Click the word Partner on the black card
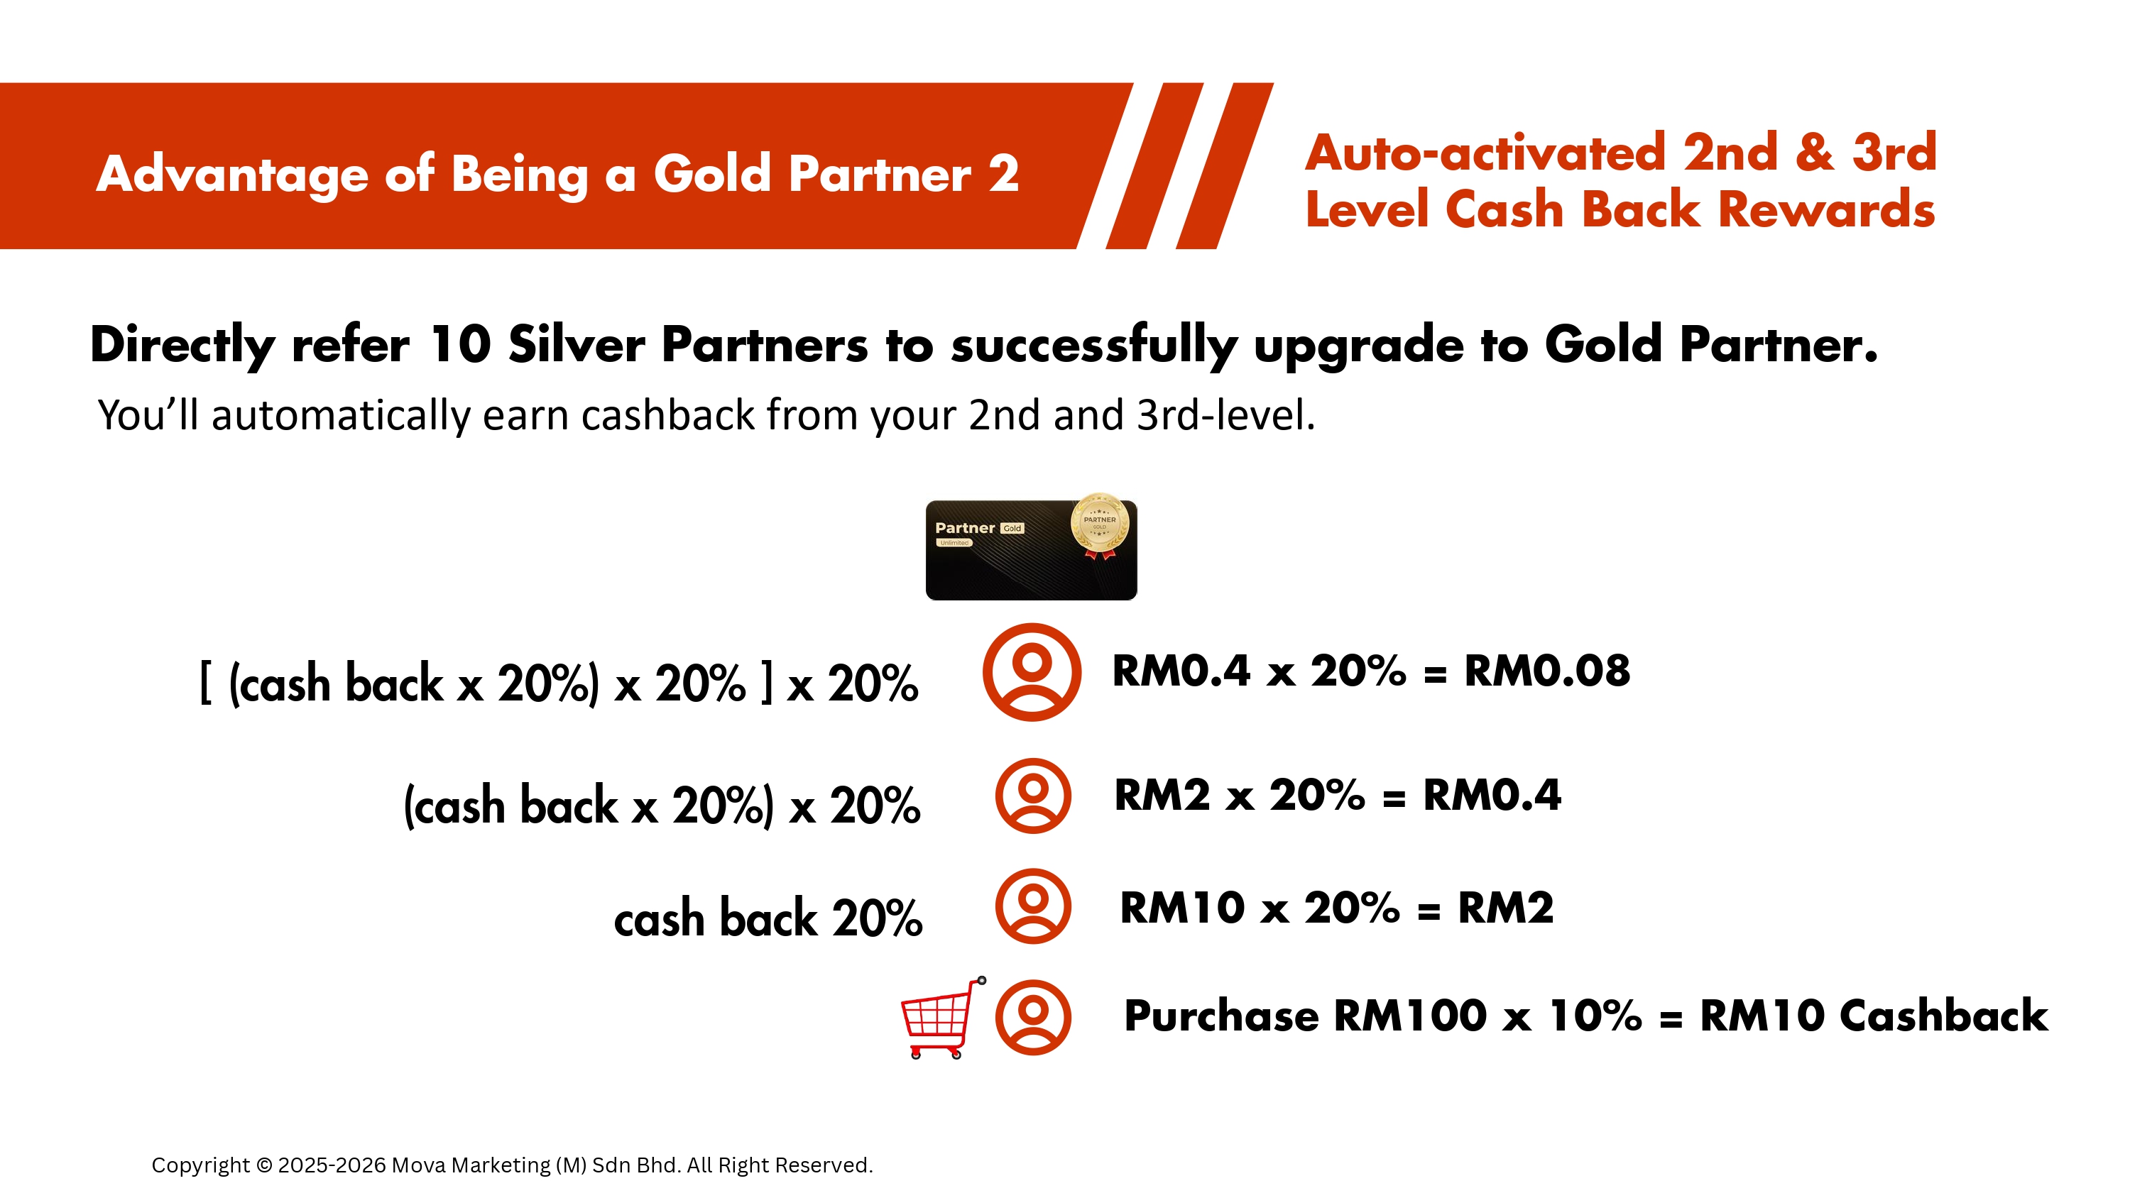[965, 527]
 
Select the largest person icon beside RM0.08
[1032, 672]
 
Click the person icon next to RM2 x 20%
[1033, 796]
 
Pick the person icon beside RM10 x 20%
[1033, 906]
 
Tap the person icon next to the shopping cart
[1033, 1017]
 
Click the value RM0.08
[1547, 671]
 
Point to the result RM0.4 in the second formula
[1492, 796]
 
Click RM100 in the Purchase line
[1411, 1016]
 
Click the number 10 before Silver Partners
[461, 344]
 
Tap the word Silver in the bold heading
[577, 344]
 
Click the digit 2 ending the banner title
[1003, 174]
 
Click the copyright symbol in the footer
[265, 1165]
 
